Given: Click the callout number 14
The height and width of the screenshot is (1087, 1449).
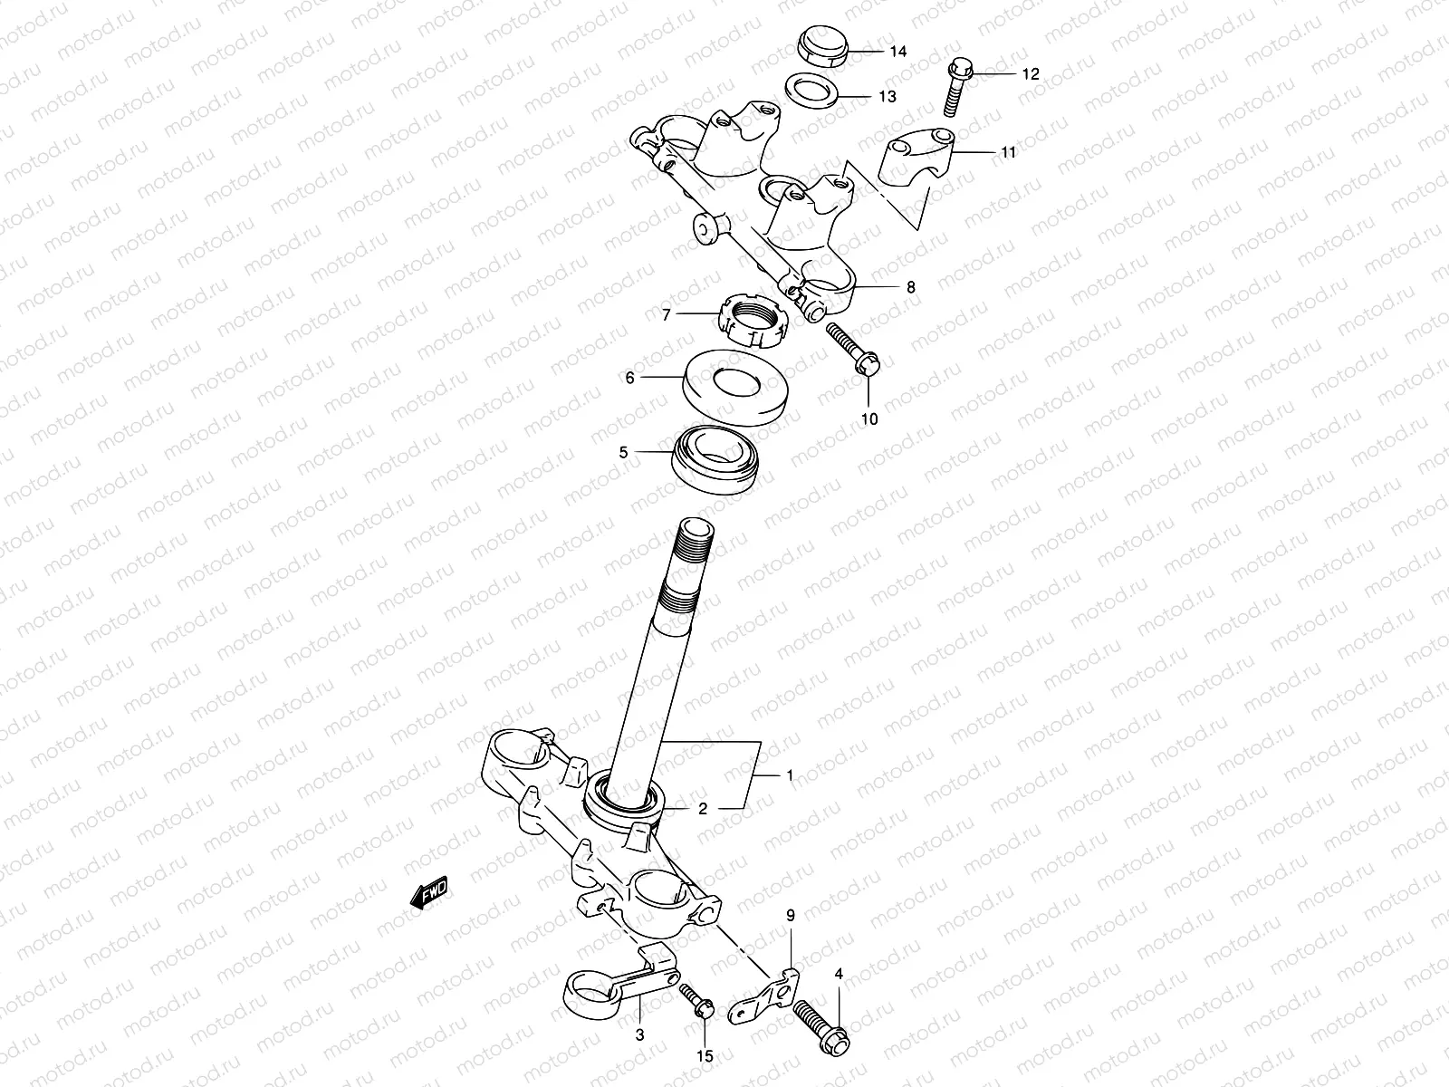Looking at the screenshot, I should pyautogui.click(x=897, y=52).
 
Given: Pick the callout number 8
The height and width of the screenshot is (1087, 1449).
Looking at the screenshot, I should pyautogui.click(x=910, y=287).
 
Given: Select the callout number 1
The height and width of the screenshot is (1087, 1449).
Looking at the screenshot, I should pyautogui.click(x=790, y=775).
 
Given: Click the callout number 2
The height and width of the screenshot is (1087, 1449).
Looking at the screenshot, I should pyautogui.click(x=702, y=809).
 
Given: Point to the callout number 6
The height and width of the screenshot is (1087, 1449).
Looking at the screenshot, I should pyautogui.click(x=629, y=378).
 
